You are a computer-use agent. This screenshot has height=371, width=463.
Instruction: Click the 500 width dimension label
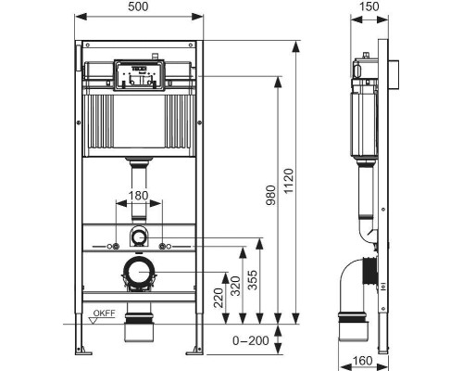(x=138, y=6)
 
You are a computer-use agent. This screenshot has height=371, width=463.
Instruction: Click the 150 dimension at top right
(x=369, y=6)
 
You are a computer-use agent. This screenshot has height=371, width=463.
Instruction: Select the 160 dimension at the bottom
(x=362, y=361)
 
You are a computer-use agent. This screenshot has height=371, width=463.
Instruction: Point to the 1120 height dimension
(x=289, y=181)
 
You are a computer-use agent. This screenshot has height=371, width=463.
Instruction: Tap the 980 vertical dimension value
(x=271, y=195)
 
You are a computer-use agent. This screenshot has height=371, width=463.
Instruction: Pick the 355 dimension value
(x=253, y=280)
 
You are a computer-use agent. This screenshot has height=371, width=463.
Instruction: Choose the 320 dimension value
(x=236, y=286)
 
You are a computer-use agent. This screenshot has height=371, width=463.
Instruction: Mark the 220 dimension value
(x=219, y=298)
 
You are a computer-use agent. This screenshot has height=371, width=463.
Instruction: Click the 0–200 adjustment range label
(x=251, y=340)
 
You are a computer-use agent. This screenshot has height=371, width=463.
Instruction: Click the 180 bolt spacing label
(x=138, y=196)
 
